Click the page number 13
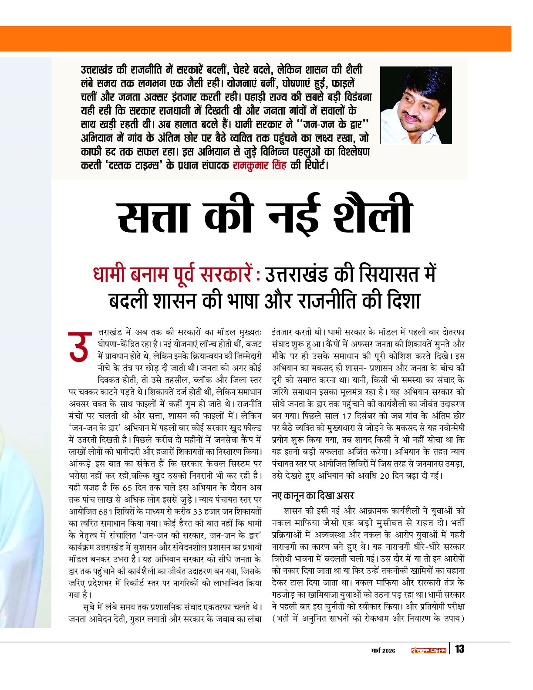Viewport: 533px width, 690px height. pos(459,649)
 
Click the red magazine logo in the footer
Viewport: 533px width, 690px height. pos(429,650)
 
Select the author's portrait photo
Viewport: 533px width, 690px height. pos(416,105)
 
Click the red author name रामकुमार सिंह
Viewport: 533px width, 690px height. pos(260,166)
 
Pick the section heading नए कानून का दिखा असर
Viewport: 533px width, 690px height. pos(313,496)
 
